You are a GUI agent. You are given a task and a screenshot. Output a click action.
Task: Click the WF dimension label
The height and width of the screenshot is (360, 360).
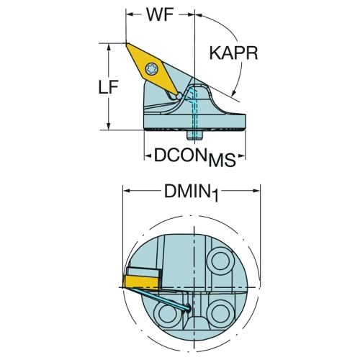click(160, 14)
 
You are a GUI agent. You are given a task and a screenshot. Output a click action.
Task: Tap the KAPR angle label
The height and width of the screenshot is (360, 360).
click(233, 53)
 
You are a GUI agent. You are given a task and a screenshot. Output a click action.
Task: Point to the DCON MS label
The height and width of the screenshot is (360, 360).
click(195, 157)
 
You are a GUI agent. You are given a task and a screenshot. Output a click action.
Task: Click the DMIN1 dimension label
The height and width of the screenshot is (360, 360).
click(192, 193)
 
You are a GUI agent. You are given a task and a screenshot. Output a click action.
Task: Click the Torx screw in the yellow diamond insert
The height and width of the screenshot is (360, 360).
click(152, 69)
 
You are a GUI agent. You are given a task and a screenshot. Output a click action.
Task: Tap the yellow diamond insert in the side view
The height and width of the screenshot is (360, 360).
click(152, 69)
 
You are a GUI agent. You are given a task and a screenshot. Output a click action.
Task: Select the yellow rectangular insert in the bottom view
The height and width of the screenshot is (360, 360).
click(140, 282)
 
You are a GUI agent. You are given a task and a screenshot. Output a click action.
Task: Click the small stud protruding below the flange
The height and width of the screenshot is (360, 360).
click(194, 135)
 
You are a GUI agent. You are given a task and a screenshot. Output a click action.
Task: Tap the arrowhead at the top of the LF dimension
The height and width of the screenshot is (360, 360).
click(109, 47)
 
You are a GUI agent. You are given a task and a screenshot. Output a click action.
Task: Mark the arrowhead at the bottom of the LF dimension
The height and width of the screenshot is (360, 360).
click(109, 127)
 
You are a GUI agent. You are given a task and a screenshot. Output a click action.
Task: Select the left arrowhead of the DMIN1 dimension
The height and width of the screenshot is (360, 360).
click(127, 191)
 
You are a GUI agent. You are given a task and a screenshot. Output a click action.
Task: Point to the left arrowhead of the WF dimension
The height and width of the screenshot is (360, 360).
click(130, 14)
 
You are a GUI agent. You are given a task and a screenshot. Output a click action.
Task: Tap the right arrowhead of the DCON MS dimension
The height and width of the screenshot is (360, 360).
click(242, 157)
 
